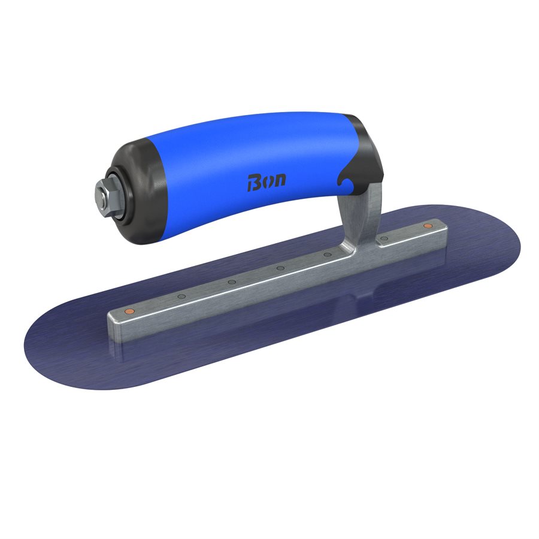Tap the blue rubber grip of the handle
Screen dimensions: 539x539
pos(240,162)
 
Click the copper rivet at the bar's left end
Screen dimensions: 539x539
pos(128,312)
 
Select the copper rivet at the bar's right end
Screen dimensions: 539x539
pos(428,226)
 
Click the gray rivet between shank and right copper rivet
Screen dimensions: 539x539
pos(384,238)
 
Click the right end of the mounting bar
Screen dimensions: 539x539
pos(440,231)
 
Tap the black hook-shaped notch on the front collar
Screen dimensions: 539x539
pos(347,174)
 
